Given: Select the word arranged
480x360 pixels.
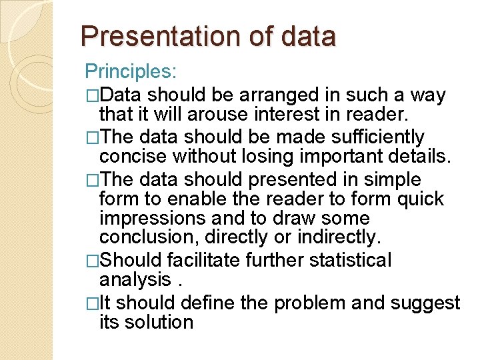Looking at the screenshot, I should point(283,95).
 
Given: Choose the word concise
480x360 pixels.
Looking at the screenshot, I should point(133,157).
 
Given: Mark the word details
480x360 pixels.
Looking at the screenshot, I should point(420,157).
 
